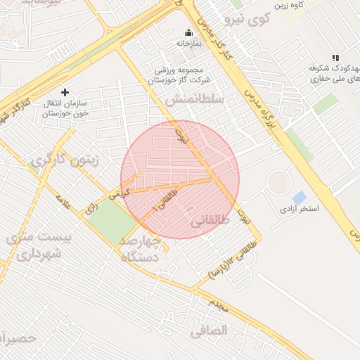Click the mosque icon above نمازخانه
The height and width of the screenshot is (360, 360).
coord(188,32)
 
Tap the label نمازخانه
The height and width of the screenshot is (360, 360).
coord(188,44)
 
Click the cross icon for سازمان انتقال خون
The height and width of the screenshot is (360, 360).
coord(65,92)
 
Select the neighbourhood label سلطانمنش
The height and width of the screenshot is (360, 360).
coord(195,101)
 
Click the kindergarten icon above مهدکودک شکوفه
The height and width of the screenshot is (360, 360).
coord(335,58)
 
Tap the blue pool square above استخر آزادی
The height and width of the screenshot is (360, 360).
coord(300,198)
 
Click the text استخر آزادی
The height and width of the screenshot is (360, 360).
coord(300,210)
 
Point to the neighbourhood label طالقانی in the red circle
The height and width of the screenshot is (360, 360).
coord(210,221)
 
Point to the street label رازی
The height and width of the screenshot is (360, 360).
coord(91,208)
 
